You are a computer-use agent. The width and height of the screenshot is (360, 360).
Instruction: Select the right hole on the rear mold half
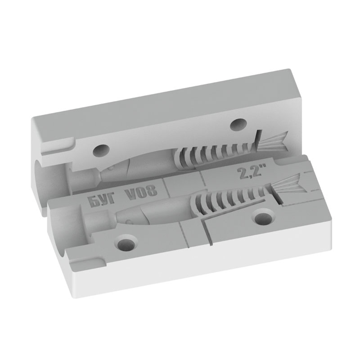[239, 124]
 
